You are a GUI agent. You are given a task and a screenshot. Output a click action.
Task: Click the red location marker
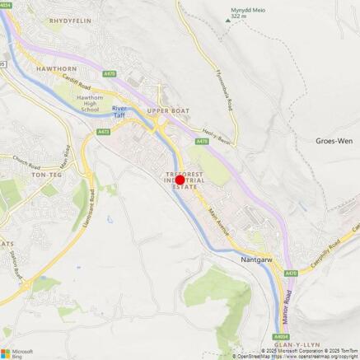tap(180, 180)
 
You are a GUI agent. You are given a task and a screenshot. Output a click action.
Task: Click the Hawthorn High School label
tap(90, 103)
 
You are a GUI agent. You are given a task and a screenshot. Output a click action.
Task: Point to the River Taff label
tap(119, 112)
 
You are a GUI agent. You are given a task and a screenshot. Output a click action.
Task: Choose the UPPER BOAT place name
tap(168, 110)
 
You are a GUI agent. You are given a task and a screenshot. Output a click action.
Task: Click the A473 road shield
tap(103, 132)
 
